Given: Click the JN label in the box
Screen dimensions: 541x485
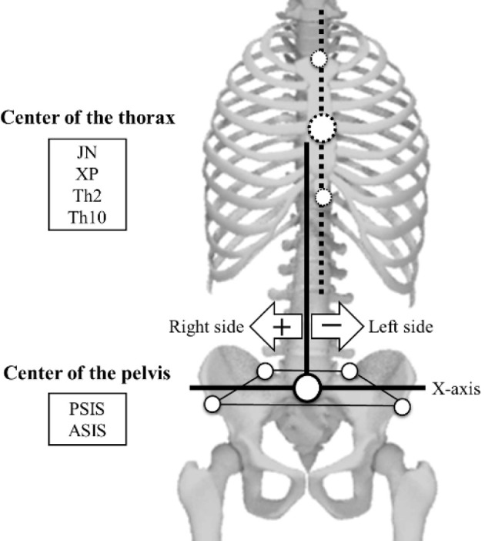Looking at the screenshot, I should pos(88,153).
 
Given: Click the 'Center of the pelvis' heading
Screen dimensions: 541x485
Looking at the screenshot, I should pos(87,375).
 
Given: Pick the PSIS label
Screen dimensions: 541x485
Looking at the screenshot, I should pos(87,409).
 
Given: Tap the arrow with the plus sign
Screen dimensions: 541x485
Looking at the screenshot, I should pos(277,326).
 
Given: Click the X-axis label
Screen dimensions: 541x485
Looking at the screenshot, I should pos(456,389).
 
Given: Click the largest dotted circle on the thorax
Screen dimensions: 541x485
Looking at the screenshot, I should pos(322,126).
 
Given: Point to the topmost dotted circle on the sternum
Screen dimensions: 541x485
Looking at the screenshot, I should pos(318,59).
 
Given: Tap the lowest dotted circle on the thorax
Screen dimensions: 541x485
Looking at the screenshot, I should pos(323,197).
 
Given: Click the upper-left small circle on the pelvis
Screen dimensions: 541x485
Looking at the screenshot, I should pos(265,371).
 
